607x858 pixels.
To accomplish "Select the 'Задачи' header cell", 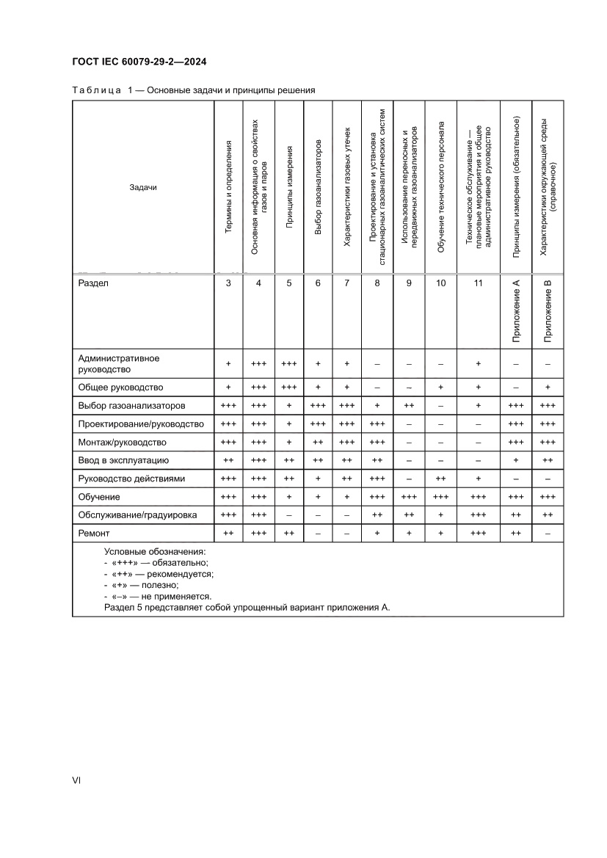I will (x=143, y=187).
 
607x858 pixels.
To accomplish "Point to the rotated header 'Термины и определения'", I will (x=228, y=186).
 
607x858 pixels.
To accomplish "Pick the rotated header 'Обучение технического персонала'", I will (x=441, y=187).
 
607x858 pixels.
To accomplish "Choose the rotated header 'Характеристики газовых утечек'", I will (x=347, y=186).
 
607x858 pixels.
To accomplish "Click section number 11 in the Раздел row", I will (x=479, y=283).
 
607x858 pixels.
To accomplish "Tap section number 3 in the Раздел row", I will (x=228, y=283).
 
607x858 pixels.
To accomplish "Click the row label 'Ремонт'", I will (x=94, y=534).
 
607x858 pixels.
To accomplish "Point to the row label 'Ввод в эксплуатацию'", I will (x=124, y=460).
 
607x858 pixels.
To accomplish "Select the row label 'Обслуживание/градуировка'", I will (x=137, y=515).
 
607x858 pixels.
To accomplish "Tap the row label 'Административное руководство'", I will (x=119, y=363).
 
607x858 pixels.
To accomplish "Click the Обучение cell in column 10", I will (x=441, y=497).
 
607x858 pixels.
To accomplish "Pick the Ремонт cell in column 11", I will (x=479, y=534).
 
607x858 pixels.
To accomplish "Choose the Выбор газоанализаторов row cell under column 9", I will (x=409, y=405).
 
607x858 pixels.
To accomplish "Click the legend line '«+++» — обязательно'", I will (x=156, y=562).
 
